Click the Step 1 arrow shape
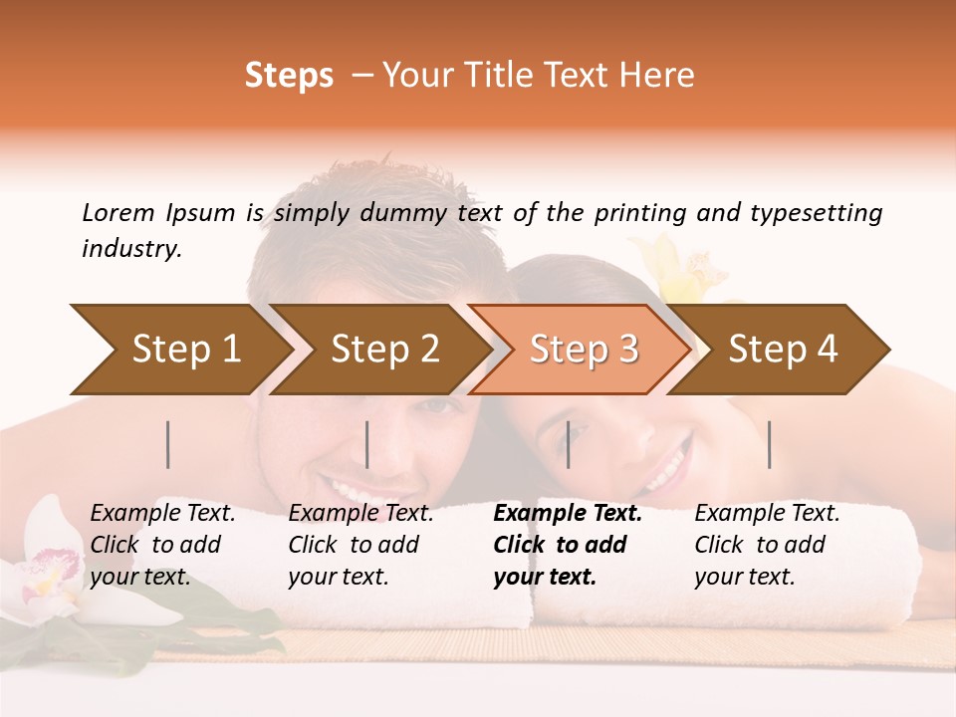(x=179, y=350)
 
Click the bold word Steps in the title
(x=289, y=76)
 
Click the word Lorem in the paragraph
(x=118, y=212)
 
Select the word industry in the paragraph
(x=130, y=249)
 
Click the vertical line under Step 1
(x=168, y=444)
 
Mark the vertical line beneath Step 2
(x=367, y=444)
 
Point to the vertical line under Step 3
(x=569, y=444)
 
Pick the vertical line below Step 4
(x=770, y=444)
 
